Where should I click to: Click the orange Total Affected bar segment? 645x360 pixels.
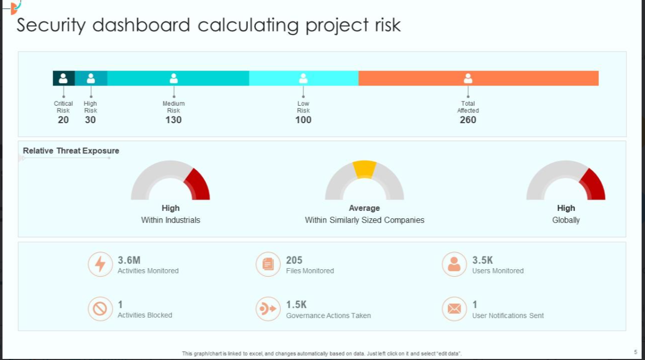click(478, 78)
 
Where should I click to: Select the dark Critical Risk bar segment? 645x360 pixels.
click(64, 78)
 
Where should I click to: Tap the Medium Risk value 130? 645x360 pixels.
click(174, 120)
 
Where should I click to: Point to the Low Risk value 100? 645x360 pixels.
click(303, 120)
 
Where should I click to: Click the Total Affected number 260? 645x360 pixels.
click(468, 120)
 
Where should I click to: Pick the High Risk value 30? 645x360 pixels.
click(90, 120)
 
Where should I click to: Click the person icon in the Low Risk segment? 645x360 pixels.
click(303, 79)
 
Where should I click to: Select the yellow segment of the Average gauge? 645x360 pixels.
click(364, 169)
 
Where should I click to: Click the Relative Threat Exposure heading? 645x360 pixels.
click(71, 151)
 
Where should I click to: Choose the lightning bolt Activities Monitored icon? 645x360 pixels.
click(100, 264)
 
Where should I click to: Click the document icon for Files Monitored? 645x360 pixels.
click(268, 264)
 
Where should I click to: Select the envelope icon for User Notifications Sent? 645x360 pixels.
click(454, 308)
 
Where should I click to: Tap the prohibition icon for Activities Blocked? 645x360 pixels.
click(100, 308)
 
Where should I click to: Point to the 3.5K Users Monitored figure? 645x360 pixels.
click(483, 260)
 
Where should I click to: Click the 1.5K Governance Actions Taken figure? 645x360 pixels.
click(296, 304)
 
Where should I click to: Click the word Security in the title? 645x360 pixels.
click(51, 25)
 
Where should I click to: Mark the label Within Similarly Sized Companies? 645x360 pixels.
click(365, 220)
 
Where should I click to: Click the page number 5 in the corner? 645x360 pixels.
click(635, 352)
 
